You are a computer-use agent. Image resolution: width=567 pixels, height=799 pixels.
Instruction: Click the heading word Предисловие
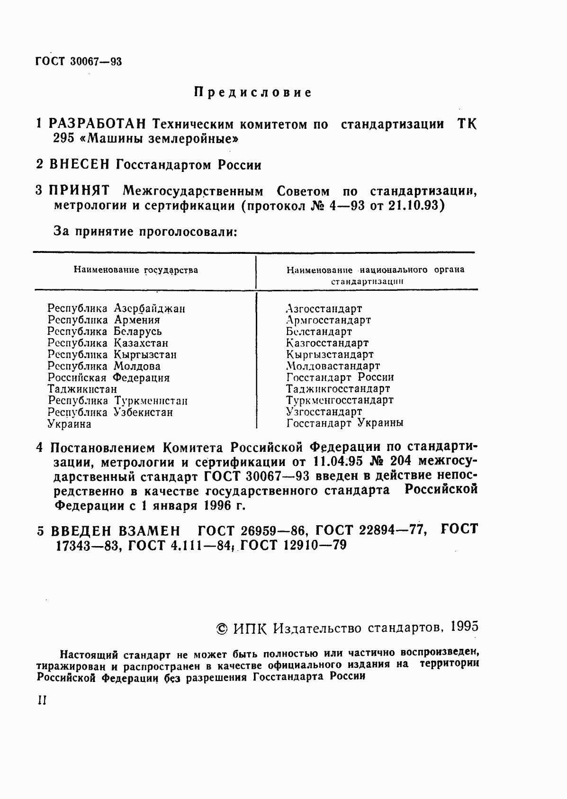[253, 92]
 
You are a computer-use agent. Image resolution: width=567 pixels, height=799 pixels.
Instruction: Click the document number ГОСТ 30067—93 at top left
[79, 62]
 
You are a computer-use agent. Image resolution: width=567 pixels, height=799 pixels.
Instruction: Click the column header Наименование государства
[135, 270]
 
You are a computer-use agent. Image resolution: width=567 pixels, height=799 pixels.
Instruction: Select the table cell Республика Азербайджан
[116, 308]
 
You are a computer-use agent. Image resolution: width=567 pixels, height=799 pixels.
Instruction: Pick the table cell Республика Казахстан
[108, 343]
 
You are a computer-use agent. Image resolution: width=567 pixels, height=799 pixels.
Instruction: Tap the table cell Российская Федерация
[108, 378]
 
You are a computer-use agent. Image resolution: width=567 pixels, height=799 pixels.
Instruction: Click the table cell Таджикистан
[82, 389]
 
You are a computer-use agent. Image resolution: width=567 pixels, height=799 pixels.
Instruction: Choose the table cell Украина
[69, 424]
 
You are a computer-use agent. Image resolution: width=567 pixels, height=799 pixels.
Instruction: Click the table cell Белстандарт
[319, 332]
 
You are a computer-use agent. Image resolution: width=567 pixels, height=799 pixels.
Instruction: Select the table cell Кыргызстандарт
[330, 354]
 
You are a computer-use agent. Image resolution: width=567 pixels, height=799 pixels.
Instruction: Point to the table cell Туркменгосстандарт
[340, 400]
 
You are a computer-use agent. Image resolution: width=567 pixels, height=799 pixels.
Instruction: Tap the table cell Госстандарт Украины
[345, 423]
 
